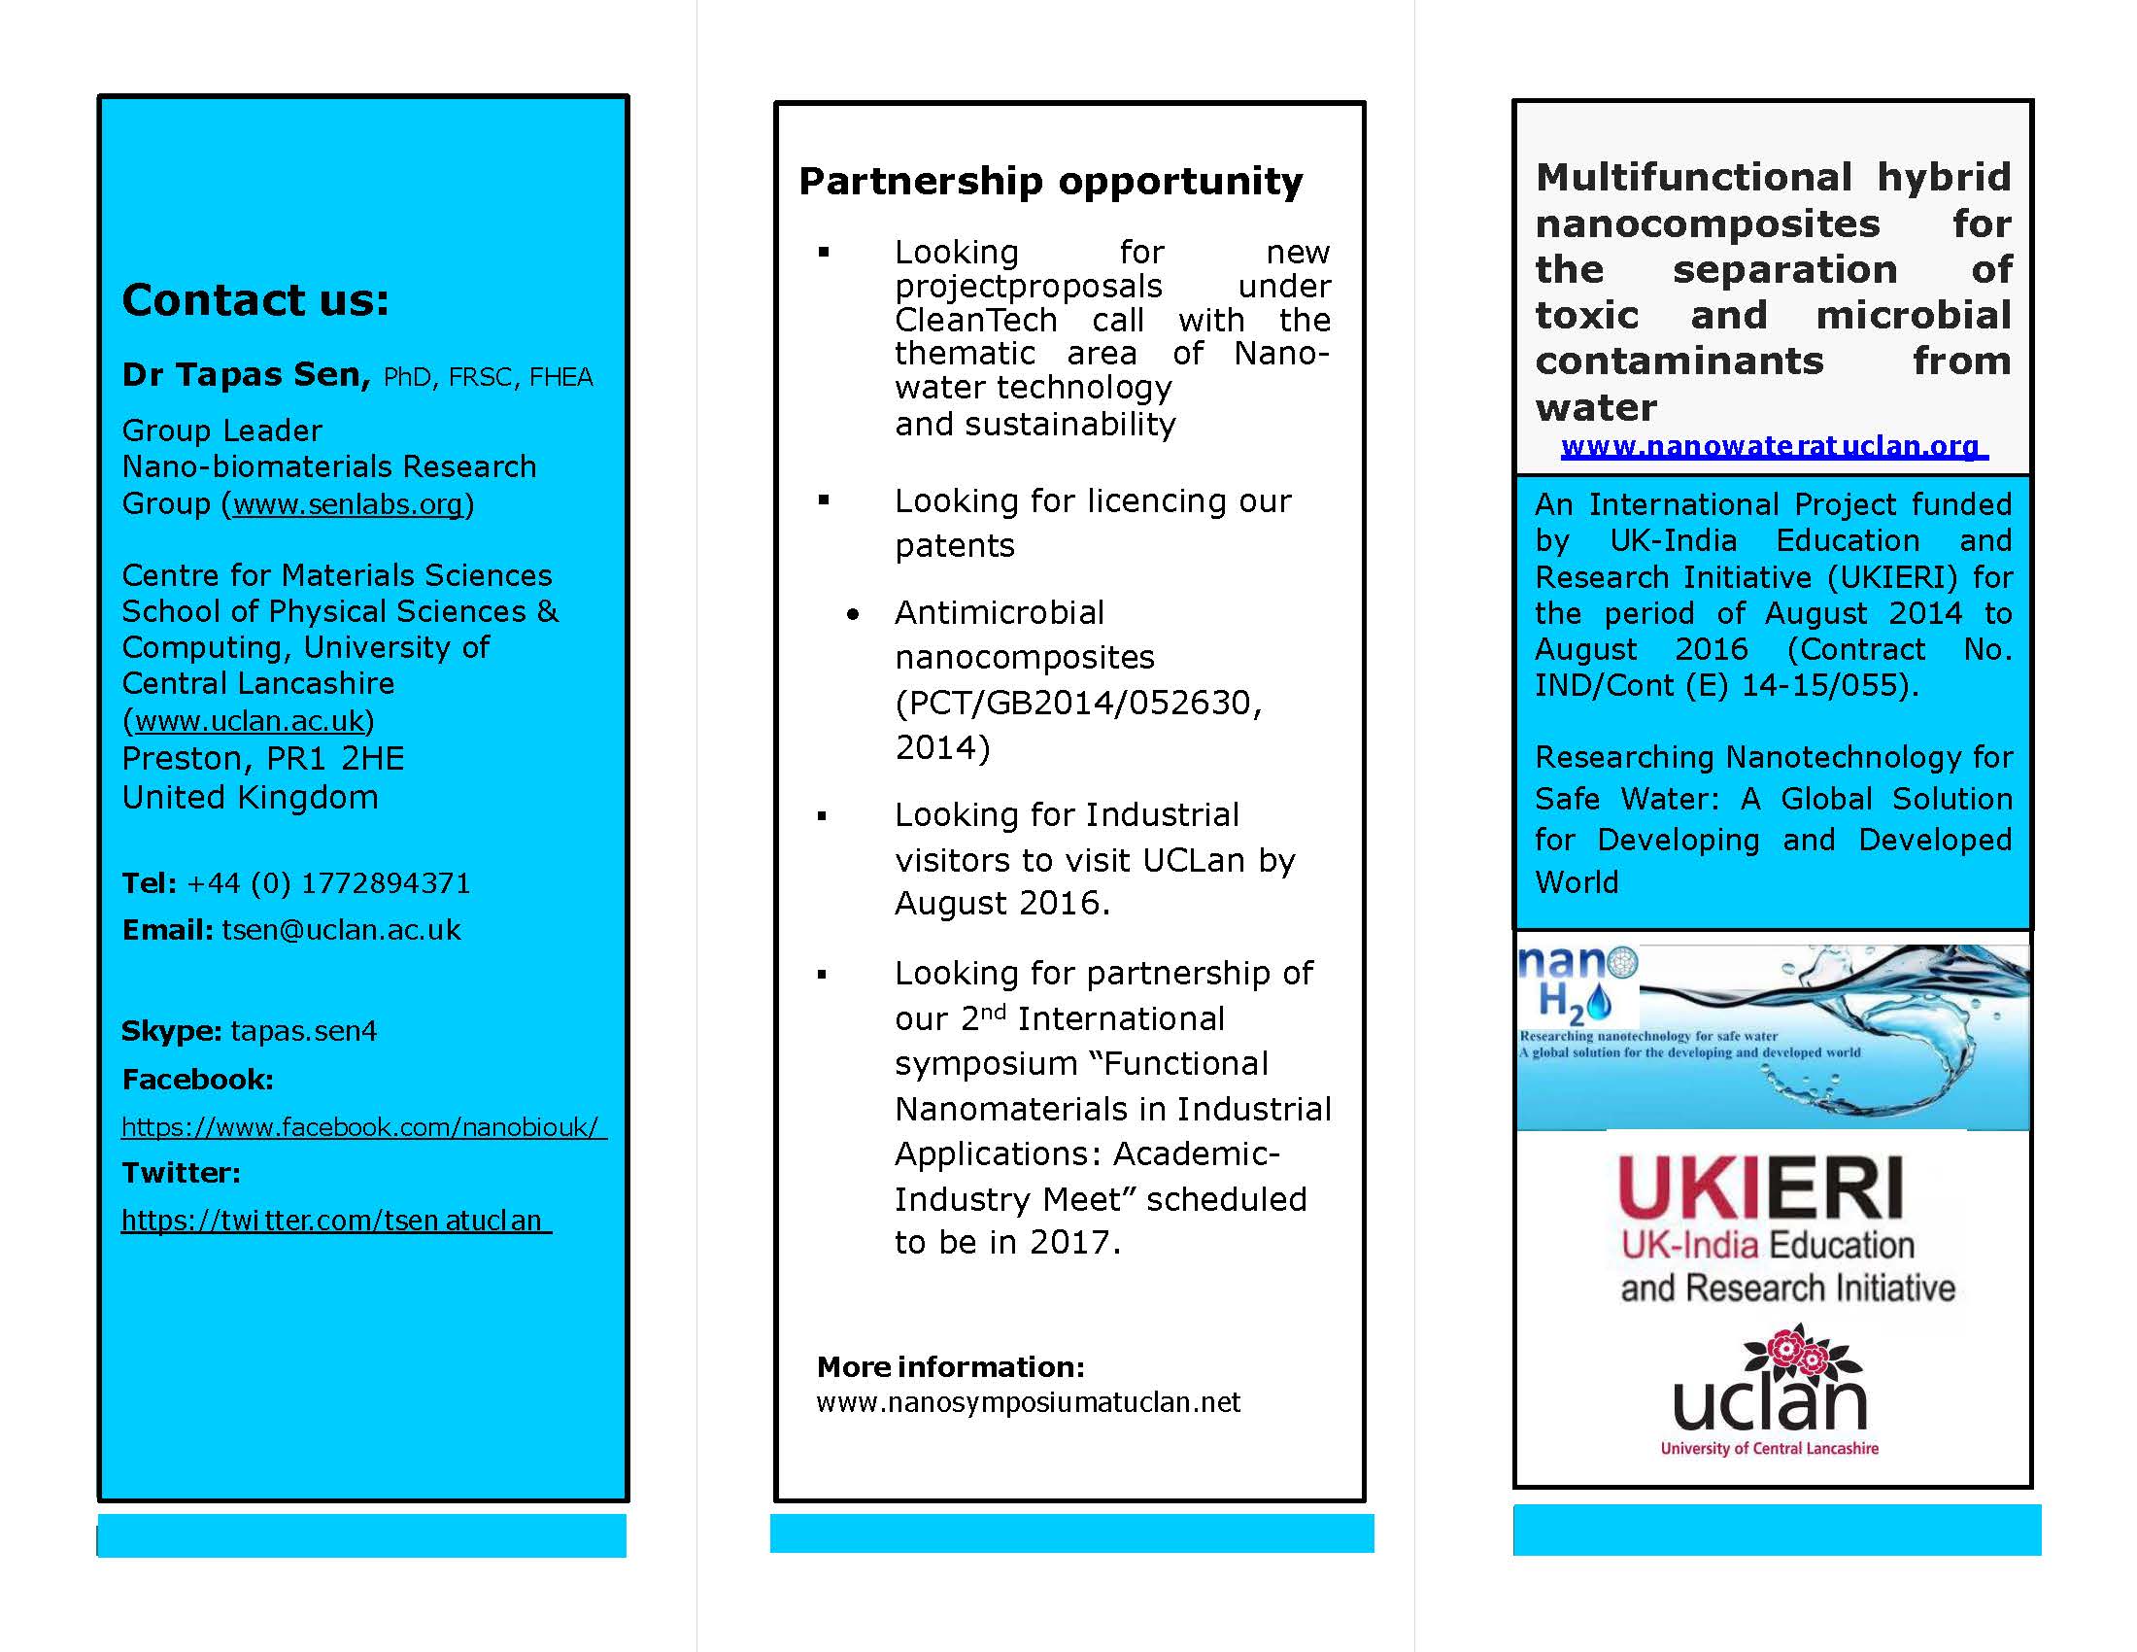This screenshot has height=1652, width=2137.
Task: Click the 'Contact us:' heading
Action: coord(255,299)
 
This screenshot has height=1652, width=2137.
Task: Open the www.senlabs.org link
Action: coord(348,504)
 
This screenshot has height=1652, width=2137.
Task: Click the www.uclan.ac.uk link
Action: coord(249,721)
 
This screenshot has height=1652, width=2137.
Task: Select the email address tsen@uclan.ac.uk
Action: coord(341,930)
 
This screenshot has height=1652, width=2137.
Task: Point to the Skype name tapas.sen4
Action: coord(303,1031)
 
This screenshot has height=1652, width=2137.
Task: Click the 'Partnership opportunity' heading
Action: coord(1050,182)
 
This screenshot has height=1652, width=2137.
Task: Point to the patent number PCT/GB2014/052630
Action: coord(1077,703)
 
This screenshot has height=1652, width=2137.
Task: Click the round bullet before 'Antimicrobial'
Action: coord(853,614)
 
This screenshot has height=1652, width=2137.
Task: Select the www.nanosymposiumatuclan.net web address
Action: coord(1028,1402)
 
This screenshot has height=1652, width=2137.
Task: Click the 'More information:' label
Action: coord(950,1367)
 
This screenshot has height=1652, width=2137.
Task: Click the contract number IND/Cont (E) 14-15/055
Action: coord(1721,685)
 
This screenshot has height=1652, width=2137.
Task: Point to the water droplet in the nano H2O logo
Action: coord(1599,1001)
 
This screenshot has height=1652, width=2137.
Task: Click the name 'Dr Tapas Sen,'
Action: coord(246,375)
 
